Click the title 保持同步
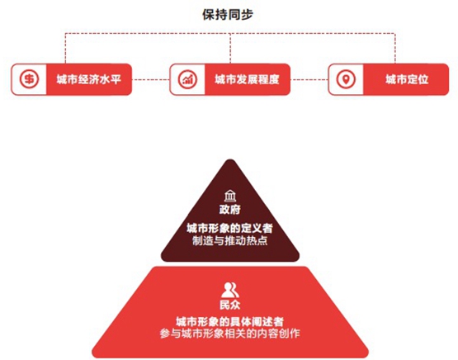point(228,15)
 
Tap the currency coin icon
point(29,79)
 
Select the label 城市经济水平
point(89,79)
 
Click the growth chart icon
point(187,79)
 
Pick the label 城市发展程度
point(247,79)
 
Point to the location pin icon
point(346,79)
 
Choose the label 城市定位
point(407,79)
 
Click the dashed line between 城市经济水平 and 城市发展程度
point(151,79)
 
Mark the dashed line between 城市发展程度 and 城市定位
point(309,79)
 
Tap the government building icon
point(230,196)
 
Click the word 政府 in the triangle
point(230,210)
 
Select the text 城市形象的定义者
point(230,228)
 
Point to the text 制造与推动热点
point(230,241)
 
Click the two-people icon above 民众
point(230,290)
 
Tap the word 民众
point(230,305)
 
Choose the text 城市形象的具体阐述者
point(230,322)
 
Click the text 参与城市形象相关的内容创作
point(230,334)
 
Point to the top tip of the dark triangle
point(230,159)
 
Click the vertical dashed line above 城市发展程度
point(230,48)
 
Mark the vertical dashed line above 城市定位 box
point(395,48)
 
